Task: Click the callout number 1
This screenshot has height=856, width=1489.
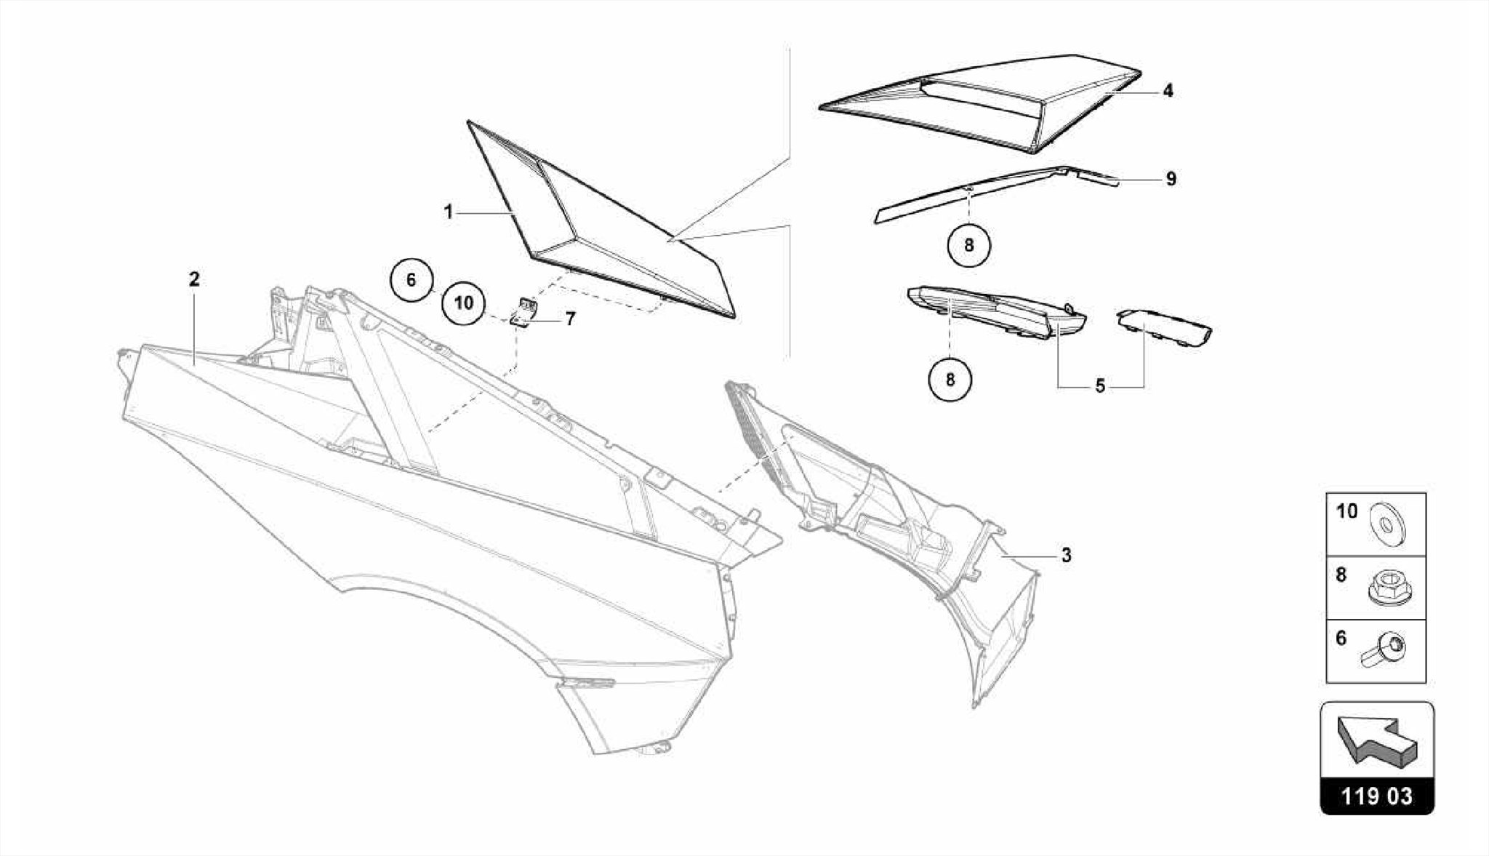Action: coord(449,212)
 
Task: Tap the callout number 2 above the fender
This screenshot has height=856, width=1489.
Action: coord(193,279)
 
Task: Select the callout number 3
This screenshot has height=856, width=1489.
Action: coord(1066,556)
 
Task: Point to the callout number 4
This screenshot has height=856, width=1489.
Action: coord(1168,91)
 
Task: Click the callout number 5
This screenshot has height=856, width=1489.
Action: coord(1100,387)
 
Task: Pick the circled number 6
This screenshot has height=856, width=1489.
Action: coord(411,280)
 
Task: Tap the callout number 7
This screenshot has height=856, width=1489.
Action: coord(570,319)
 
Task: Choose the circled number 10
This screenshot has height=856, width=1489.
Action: coord(464,303)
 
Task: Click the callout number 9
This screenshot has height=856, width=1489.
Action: coord(1171,179)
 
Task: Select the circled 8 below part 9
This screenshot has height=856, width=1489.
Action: coord(969,245)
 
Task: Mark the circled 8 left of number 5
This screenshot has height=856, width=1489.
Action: coord(950,379)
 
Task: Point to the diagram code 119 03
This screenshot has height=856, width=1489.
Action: coord(1376,796)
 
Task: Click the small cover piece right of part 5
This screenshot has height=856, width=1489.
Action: coord(1163,327)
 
